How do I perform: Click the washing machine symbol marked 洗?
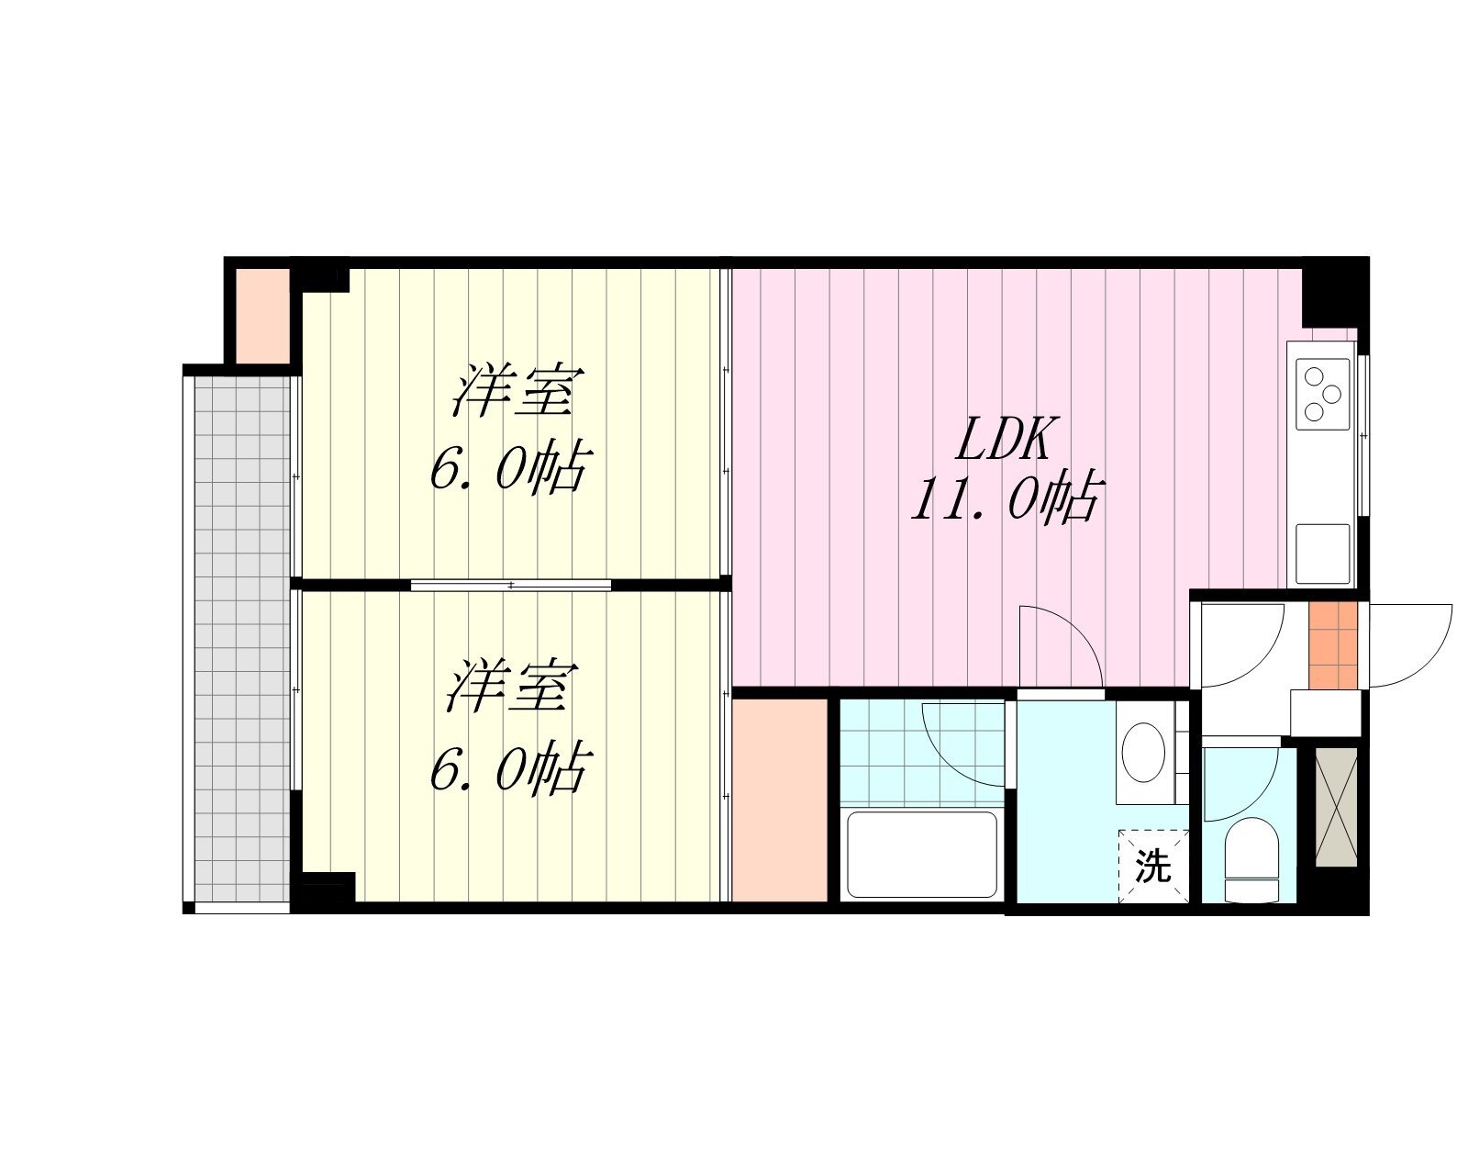tap(1153, 866)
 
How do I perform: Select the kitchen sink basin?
tap(1323, 554)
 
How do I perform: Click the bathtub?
tap(921, 854)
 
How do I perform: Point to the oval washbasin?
tap(1143, 752)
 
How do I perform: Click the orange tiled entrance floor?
tap(1332, 645)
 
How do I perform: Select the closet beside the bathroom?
tap(779, 800)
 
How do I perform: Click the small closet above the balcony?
tap(262, 316)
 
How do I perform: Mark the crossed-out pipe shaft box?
tap(1336, 808)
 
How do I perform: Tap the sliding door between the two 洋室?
tap(511, 585)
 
